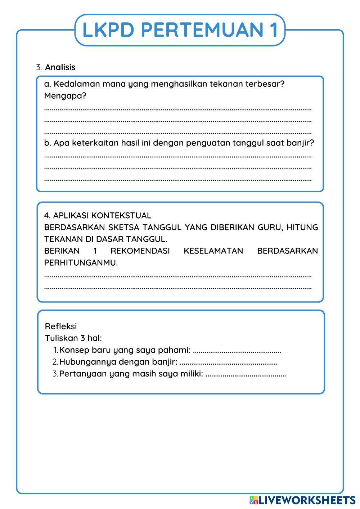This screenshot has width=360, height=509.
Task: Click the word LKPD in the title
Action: pos(108,30)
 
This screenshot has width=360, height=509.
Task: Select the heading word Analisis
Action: pos(60,67)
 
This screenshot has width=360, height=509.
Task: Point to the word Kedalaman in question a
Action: pos(77,84)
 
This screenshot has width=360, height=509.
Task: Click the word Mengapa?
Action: pos(65,96)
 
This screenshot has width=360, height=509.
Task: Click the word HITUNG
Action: pos(302,228)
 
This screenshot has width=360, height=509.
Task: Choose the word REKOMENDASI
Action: pos(140,251)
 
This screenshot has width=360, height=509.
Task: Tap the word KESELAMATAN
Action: pos(213,251)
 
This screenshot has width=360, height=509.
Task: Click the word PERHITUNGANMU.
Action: pos(81,263)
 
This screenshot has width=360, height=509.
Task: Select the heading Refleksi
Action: pos(61,326)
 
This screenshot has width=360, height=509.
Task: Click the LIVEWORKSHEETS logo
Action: pos(302,500)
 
